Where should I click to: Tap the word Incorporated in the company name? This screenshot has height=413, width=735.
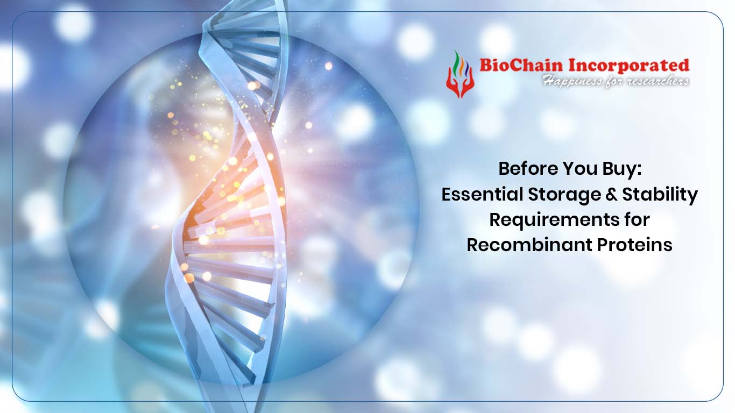coord(628,66)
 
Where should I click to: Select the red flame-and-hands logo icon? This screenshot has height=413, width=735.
coord(461,74)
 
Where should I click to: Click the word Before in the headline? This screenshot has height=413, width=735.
coord(528,169)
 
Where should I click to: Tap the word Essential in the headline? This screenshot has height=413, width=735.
coord(482,194)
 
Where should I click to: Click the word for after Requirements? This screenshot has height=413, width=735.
coord(634,219)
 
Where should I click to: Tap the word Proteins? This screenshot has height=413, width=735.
coord(634,245)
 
